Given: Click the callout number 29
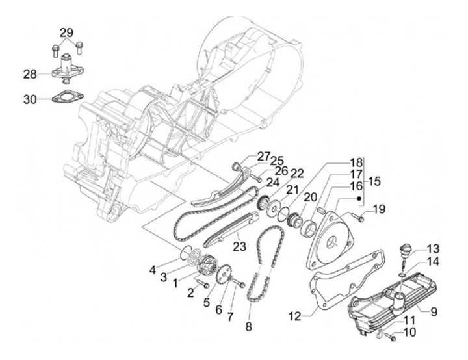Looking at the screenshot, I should [68, 32].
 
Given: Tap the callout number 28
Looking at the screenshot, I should [30, 74].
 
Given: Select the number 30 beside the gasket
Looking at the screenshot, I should [30, 99].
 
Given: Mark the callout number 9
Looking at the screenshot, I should [434, 309].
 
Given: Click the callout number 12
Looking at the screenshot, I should [295, 316].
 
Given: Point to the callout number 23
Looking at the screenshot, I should [240, 246].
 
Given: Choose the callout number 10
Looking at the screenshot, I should [409, 333].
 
